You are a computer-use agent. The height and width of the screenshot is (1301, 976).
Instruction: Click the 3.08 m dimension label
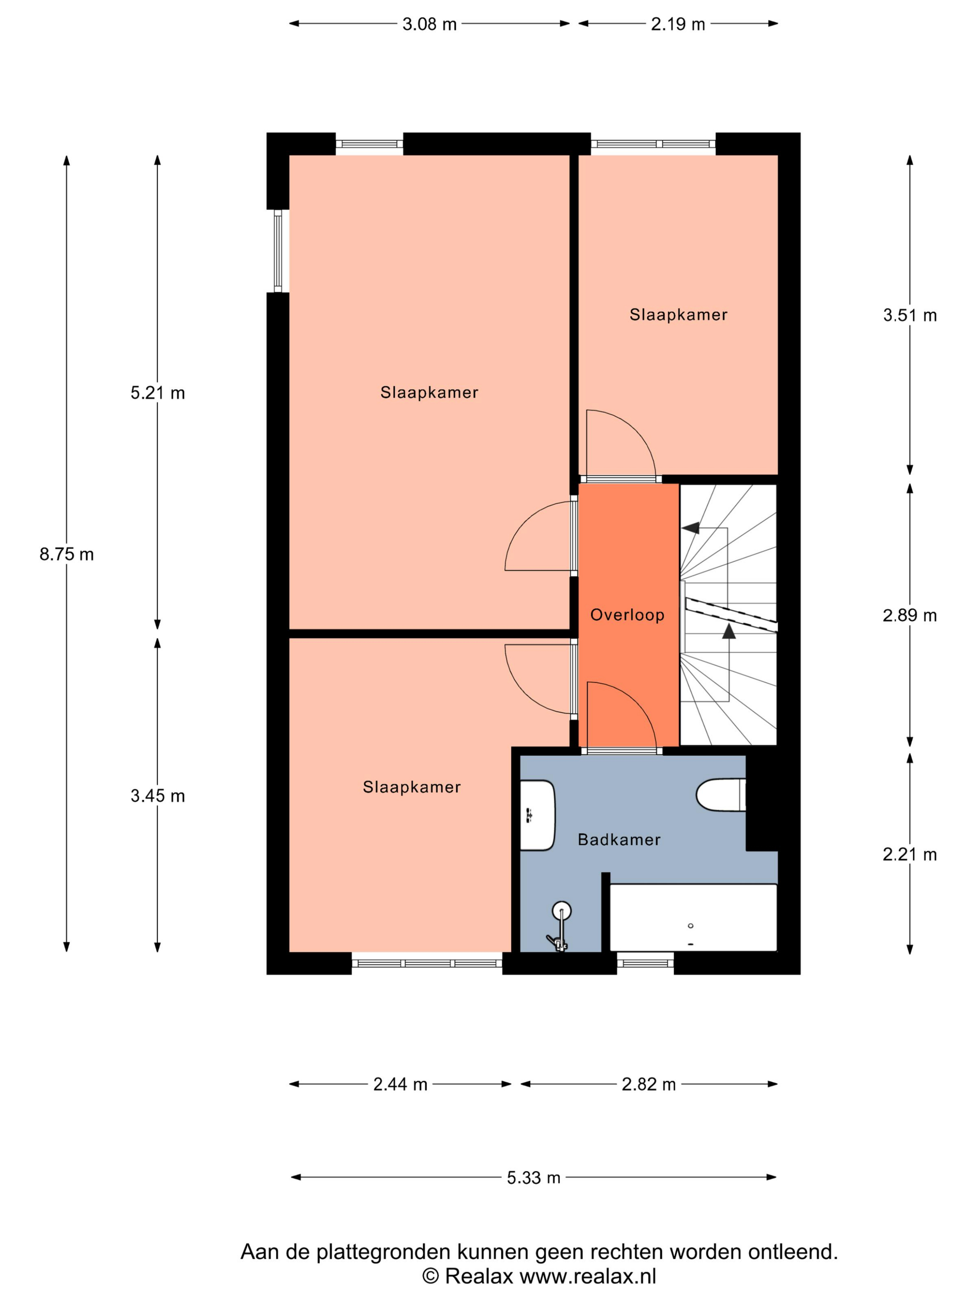pyautogui.click(x=429, y=24)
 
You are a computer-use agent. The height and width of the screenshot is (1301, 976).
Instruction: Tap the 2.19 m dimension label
pyautogui.click(x=678, y=24)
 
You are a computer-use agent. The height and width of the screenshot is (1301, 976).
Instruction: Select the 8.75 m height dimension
pyautogui.click(x=66, y=554)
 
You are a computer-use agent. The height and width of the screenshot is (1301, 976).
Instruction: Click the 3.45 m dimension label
pyautogui.click(x=158, y=796)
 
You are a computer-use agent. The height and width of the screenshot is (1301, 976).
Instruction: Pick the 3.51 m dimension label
pyautogui.click(x=910, y=315)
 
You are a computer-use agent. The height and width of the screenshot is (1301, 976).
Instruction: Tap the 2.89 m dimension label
pyautogui.click(x=910, y=615)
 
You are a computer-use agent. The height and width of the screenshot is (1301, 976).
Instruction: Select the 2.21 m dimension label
pyautogui.click(x=910, y=854)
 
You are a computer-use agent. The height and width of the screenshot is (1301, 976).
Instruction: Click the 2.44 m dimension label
pyautogui.click(x=400, y=1084)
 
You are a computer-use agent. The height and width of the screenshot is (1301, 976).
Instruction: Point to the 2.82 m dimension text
pyautogui.click(x=648, y=1084)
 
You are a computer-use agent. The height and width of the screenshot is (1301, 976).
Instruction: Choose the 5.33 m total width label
pyautogui.click(x=534, y=1177)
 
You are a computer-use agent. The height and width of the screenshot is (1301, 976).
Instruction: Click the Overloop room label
pyautogui.click(x=627, y=615)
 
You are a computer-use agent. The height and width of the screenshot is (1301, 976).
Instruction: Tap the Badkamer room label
pyautogui.click(x=619, y=839)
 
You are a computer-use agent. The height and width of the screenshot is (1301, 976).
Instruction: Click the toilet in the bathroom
pyautogui.click(x=721, y=795)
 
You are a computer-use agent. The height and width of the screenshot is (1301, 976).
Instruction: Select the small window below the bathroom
pyautogui.click(x=646, y=963)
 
